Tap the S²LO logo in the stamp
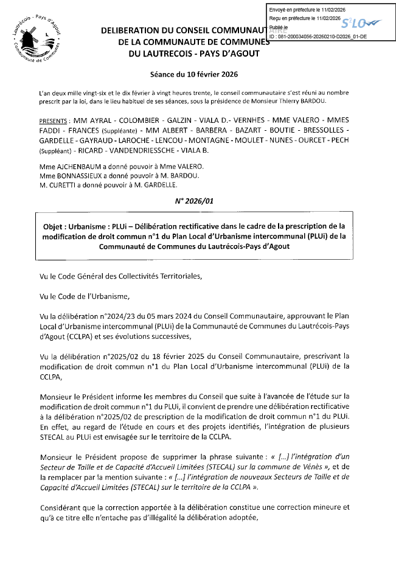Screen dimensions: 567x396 (360, 24)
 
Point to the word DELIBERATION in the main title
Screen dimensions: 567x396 (131, 30)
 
